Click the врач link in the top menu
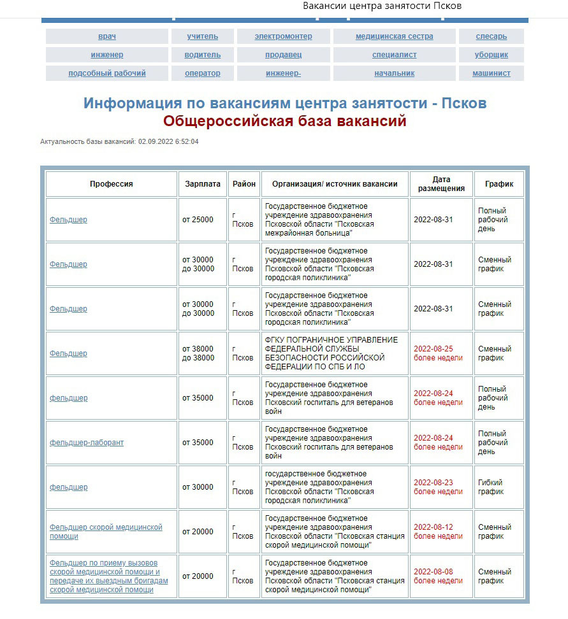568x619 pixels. tap(107, 36)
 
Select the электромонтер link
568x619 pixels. tap(283, 36)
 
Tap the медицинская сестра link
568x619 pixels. tap(394, 36)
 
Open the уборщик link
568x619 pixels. tap(491, 55)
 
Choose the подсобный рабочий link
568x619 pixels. tap(107, 73)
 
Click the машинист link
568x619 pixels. tap(491, 73)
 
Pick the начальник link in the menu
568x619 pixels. tap(394, 73)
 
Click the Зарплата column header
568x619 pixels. tap(203, 184)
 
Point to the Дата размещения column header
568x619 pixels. tap(441, 184)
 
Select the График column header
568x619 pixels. tap(499, 184)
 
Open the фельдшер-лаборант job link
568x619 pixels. tap(87, 443)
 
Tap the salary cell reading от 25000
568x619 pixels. tap(198, 220)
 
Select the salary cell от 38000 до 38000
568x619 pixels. tap(198, 353)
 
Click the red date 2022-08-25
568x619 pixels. tap(433, 349)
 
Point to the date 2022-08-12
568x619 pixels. tap(433, 527)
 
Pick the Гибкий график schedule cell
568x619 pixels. tap(490, 487)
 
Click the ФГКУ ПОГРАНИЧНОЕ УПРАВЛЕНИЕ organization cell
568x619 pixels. tap(331, 353)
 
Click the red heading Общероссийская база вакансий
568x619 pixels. tap(284, 121)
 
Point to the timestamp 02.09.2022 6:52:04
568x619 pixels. tap(168, 141)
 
